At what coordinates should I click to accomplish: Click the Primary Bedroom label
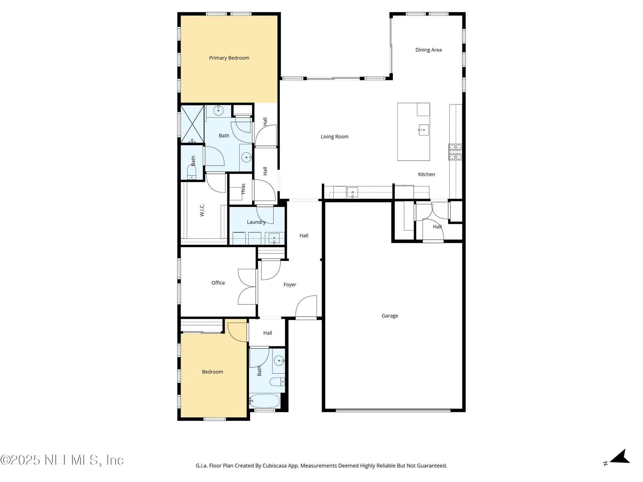[x=229, y=58]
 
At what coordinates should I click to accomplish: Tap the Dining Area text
[x=428, y=50]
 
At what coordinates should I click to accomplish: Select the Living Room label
[x=334, y=137]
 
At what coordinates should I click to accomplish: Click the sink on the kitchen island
[x=423, y=130]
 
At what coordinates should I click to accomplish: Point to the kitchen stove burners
[x=455, y=152]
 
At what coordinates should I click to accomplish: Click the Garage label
[x=390, y=316]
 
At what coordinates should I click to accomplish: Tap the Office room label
[x=218, y=283]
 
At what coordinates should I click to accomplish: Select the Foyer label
[x=290, y=285]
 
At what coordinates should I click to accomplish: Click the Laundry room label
[x=256, y=222]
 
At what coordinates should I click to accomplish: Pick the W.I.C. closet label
[x=202, y=210]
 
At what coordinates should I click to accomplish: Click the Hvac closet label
[x=243, y=189]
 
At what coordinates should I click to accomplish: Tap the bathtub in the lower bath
[x=264, y=401]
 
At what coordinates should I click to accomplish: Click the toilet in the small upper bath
[x=192, y=173]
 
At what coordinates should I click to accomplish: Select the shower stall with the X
[x=192, y=124]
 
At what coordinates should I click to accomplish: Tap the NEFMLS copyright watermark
[x=62, y=460]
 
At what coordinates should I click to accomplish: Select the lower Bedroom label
[x=212, y=372]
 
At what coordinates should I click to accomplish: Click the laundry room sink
[x=274, y=238]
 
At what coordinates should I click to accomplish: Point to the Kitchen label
[x=426, y=174]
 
